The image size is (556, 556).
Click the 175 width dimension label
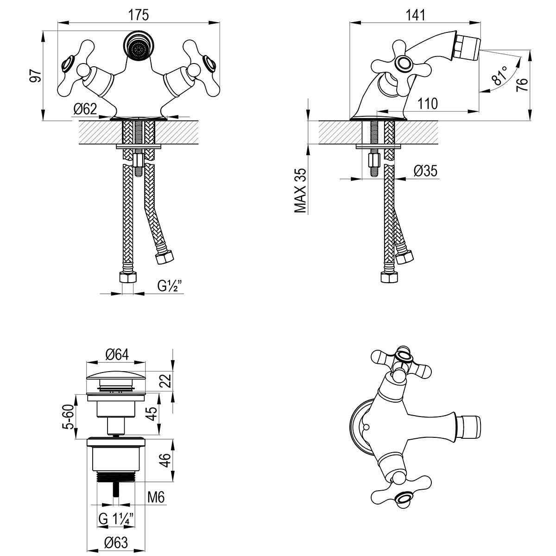pos(138,15)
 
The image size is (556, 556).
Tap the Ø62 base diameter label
pos(85,109)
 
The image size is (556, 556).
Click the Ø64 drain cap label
pos(117,354)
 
